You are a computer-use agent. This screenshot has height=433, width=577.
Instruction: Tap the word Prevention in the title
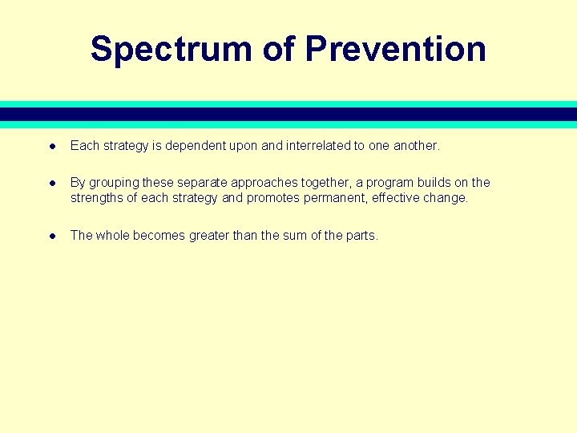(x=396, y=49)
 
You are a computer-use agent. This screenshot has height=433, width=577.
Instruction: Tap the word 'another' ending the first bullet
(x=416, y=146)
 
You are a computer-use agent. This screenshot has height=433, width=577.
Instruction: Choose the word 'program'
(x=390, y=183)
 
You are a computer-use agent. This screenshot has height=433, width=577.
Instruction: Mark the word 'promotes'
(x=272, y=197)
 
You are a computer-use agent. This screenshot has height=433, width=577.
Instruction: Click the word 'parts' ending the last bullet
(x=359, y=235)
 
